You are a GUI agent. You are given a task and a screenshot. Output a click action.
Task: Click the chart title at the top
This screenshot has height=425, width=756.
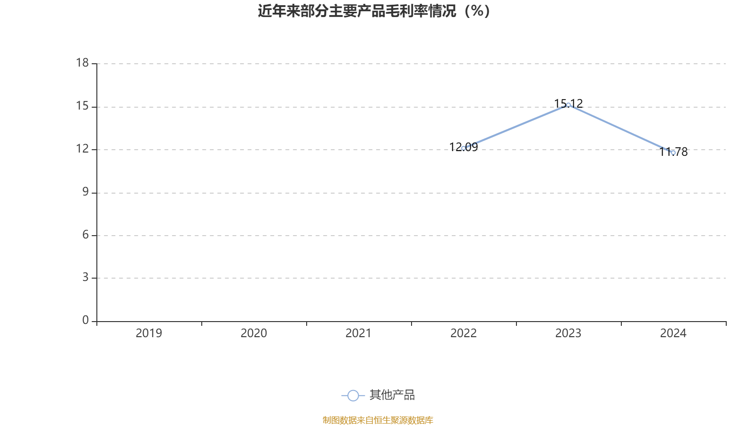[x=374, y=11]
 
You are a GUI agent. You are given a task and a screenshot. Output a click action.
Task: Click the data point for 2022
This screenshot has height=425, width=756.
[x=464, y=148]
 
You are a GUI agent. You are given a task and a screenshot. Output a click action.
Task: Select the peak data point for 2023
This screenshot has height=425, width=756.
[x=568, y=105]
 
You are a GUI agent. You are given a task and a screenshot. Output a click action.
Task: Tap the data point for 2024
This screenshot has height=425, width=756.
[x=673, y=153]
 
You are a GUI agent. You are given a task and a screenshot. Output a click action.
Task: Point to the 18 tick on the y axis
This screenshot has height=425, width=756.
[x=82, y=63]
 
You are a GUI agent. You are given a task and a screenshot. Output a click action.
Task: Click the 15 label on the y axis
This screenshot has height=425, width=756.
[x=82, y=106]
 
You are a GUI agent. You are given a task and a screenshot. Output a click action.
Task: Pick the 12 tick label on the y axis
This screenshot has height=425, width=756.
[x=82, y=149]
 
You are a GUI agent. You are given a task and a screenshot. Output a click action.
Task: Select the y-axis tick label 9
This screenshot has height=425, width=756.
[x=85, y=192]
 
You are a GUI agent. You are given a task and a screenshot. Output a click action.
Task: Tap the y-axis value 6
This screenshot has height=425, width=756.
[x=85, y=235]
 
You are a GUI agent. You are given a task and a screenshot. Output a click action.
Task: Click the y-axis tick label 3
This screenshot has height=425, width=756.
[x=85, y=277]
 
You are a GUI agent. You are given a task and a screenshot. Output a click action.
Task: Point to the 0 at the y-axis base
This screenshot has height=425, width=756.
[x=85, y=320]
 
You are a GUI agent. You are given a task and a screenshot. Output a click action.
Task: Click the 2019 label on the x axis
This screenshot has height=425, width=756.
[x=149, y=333]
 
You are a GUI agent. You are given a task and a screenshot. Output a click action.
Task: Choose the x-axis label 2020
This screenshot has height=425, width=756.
[x=254, y=333]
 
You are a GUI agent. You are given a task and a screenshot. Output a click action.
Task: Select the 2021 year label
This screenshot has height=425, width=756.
[x=359, y=333]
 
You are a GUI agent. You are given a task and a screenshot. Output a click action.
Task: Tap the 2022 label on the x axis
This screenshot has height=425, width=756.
[x=464, y=333]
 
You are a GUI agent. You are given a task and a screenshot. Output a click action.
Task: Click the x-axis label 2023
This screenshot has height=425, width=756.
[x=568, y=333]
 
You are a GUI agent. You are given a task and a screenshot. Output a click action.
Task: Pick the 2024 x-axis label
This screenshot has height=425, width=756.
[x=673, y=333]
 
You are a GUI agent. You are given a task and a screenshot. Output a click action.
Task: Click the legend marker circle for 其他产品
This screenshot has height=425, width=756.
[x=353, y=396]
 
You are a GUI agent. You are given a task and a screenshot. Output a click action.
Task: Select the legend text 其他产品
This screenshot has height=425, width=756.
[x=392, y=395]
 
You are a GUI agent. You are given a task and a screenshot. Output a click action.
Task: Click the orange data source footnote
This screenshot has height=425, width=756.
[x=378, y=420]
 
